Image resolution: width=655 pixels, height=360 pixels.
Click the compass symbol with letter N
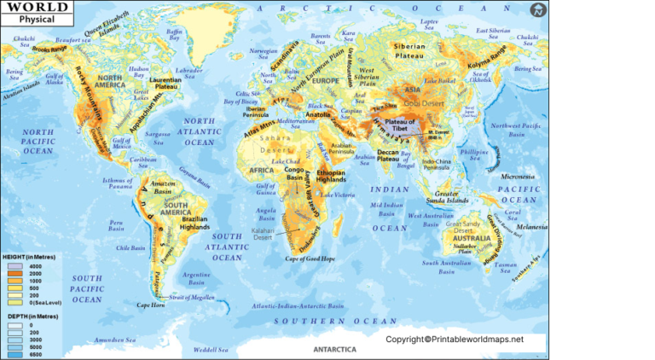(537, 10)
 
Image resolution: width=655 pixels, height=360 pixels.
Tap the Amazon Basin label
(161, 189)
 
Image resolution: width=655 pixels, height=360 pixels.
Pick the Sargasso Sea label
(158, 134)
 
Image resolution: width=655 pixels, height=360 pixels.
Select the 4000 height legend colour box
(14, 265)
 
